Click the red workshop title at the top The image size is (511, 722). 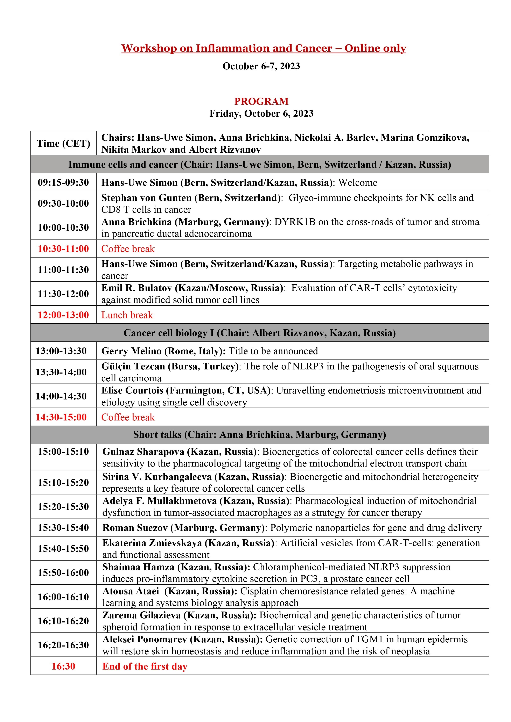pos(264,48)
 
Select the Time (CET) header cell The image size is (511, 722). pos(63,143)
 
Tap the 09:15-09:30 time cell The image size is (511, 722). pos(63,182)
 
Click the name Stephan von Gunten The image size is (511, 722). pos(146,198)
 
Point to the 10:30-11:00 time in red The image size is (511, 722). pos(63,249)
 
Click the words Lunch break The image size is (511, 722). pos(127,315)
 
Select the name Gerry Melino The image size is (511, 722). pos(131,351)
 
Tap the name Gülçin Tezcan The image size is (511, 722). pos(133,366)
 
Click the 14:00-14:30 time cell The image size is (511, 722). pos(61,396)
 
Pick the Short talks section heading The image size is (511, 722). pos(260,435)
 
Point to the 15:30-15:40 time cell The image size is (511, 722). pos(63,527)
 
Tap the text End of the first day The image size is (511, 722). pos(145,666)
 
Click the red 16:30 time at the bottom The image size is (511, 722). pos(63,666)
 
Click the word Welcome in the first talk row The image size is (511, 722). pos(358,183)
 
